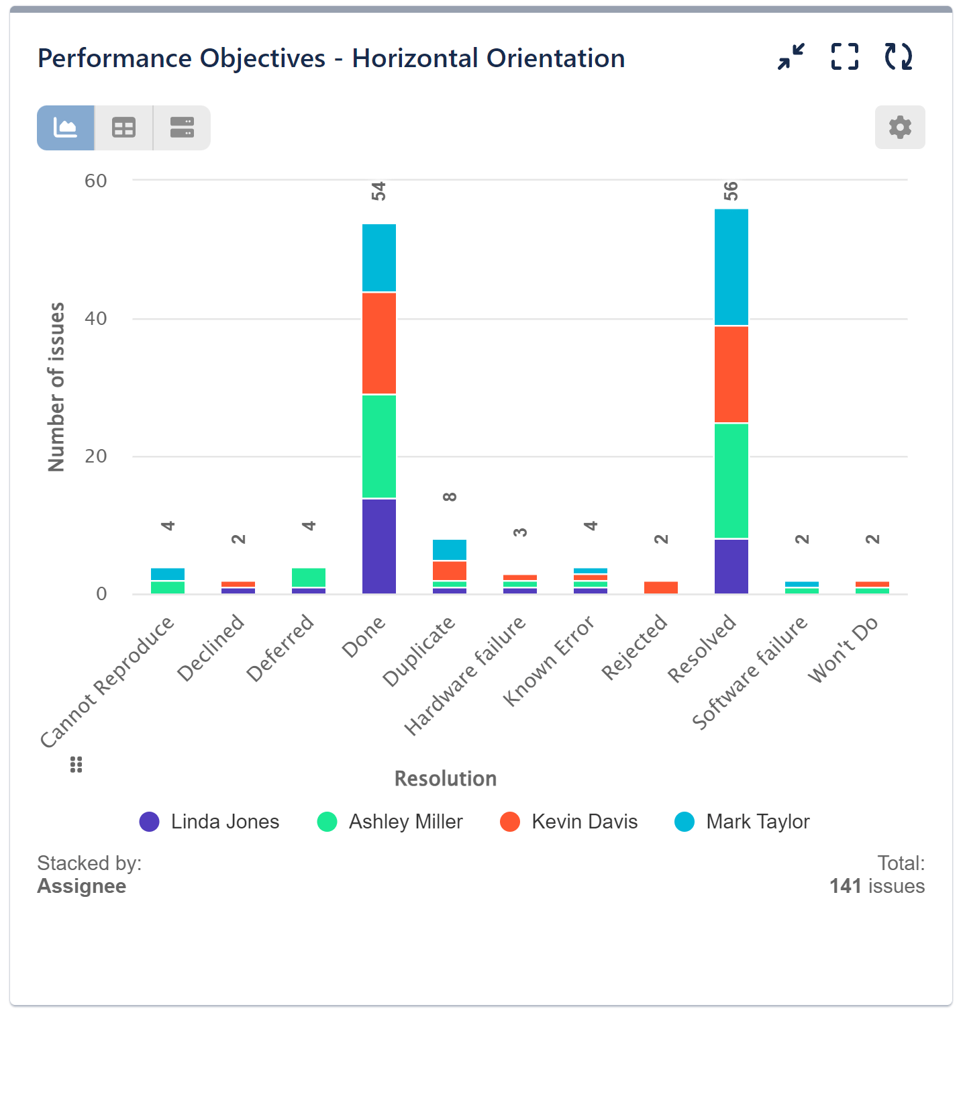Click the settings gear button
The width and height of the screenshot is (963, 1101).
899,127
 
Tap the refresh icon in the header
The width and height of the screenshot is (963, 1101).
898,56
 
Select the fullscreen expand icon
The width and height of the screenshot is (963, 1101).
844,56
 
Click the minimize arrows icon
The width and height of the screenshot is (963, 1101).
791,56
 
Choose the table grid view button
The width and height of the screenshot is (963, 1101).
123,128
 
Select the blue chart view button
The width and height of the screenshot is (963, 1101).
66,128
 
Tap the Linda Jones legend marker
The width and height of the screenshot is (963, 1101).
149,822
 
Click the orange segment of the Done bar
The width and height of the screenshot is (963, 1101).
379,343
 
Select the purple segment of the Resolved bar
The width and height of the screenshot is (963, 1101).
731,566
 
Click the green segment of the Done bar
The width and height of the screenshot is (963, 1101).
379,446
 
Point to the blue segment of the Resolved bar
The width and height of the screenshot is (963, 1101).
731,267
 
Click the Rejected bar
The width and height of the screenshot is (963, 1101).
660,587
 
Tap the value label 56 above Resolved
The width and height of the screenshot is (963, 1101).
731,191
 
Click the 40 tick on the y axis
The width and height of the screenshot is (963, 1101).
96,318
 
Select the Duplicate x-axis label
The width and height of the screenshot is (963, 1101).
420,651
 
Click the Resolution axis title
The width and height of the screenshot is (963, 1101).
446,779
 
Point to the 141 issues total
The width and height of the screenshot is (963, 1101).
876,886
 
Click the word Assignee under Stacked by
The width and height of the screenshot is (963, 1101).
82,886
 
